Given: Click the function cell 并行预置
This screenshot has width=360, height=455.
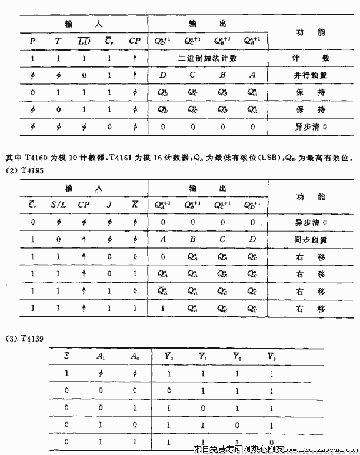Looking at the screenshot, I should point(311,75).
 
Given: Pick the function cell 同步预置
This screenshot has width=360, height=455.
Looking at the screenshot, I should point(311,240).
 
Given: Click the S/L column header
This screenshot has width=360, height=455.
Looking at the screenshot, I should point(58,205).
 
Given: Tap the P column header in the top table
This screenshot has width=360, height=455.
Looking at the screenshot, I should point(32,41).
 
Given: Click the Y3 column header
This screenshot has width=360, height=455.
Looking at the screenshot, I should point(271,355).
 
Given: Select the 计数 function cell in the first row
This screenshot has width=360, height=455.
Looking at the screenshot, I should point(311,59).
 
